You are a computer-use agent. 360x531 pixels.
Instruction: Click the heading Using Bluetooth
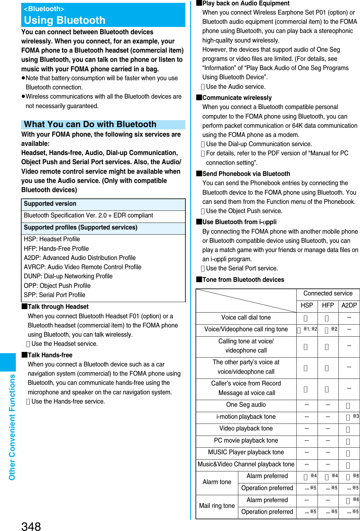pos(65,20)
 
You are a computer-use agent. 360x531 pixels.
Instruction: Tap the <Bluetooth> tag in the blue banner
pos(44,9)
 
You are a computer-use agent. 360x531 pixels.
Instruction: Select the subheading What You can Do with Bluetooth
pos(90,124)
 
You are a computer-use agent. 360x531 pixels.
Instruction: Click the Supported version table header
pos(50,204)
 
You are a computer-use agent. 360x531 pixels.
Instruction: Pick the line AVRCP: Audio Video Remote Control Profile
pos(82,267)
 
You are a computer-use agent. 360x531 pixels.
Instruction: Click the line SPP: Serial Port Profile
pos(55,295)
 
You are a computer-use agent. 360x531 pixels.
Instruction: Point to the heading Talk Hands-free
pos(50,355)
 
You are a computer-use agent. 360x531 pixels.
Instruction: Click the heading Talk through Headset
pos(58,307)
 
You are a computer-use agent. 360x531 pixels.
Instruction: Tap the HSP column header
pos(306,305)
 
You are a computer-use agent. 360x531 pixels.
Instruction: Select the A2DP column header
pos(349,305)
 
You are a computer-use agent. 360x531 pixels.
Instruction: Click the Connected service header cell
pos(328,294)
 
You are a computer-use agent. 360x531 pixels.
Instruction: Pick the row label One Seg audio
pos(246,405)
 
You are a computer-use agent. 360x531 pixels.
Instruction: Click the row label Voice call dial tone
pos(246,318)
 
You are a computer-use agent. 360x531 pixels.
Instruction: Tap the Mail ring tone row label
pos(217,506)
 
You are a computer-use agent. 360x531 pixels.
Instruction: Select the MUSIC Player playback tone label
pos(246,452)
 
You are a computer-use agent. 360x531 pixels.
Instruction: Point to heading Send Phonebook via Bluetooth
pos(246,174)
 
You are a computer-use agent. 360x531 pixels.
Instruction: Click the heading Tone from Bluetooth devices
pos(243,280)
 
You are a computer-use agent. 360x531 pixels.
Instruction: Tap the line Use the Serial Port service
pos(242,268)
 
